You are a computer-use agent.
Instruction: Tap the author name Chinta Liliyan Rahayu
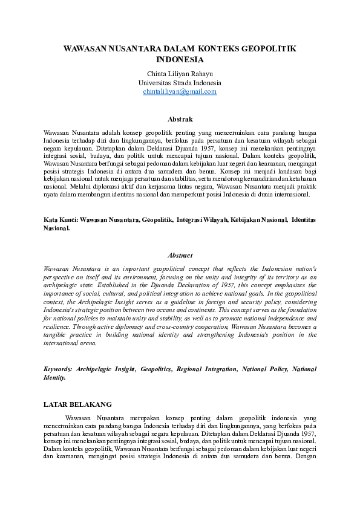(x=180, y=74)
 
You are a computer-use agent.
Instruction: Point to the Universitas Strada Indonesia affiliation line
(x=180, y=83)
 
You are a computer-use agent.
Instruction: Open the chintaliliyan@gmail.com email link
(x=180, y=91)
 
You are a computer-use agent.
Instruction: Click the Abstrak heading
(x=180, y=119)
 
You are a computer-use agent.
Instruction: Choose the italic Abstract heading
(x=180, y=255)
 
